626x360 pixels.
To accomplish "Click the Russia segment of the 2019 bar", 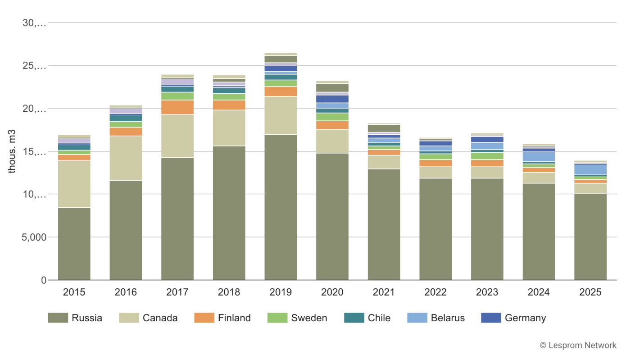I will (281, 207).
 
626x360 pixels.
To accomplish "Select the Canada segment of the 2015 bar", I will (74, 184).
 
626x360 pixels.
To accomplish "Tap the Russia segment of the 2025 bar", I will (590, 237).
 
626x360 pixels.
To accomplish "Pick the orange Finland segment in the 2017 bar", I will (177, 107).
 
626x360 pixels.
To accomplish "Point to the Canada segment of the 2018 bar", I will (229, 128).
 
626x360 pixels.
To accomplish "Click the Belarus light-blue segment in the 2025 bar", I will (590, 169).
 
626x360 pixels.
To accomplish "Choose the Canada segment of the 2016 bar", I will (126, 158).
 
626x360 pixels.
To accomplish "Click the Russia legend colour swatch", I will (58, 318).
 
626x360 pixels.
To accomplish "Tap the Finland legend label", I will (234, 318).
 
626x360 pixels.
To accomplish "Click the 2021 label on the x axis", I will (384, 292).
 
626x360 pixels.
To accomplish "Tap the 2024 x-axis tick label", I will (539, 292).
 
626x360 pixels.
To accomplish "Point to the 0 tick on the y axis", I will (44, 280).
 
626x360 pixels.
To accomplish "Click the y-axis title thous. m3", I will (13, 151).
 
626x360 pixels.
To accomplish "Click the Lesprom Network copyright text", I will (578, 346).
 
